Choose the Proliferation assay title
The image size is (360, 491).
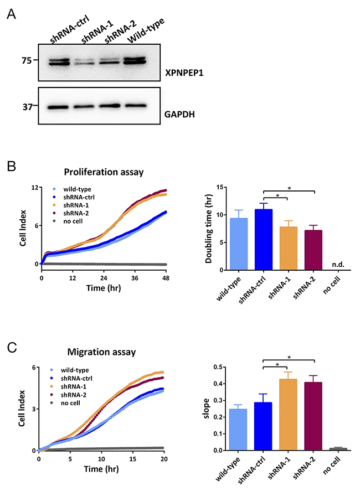click(x=104, y=172)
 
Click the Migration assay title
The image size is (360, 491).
click(x=101, y=353)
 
